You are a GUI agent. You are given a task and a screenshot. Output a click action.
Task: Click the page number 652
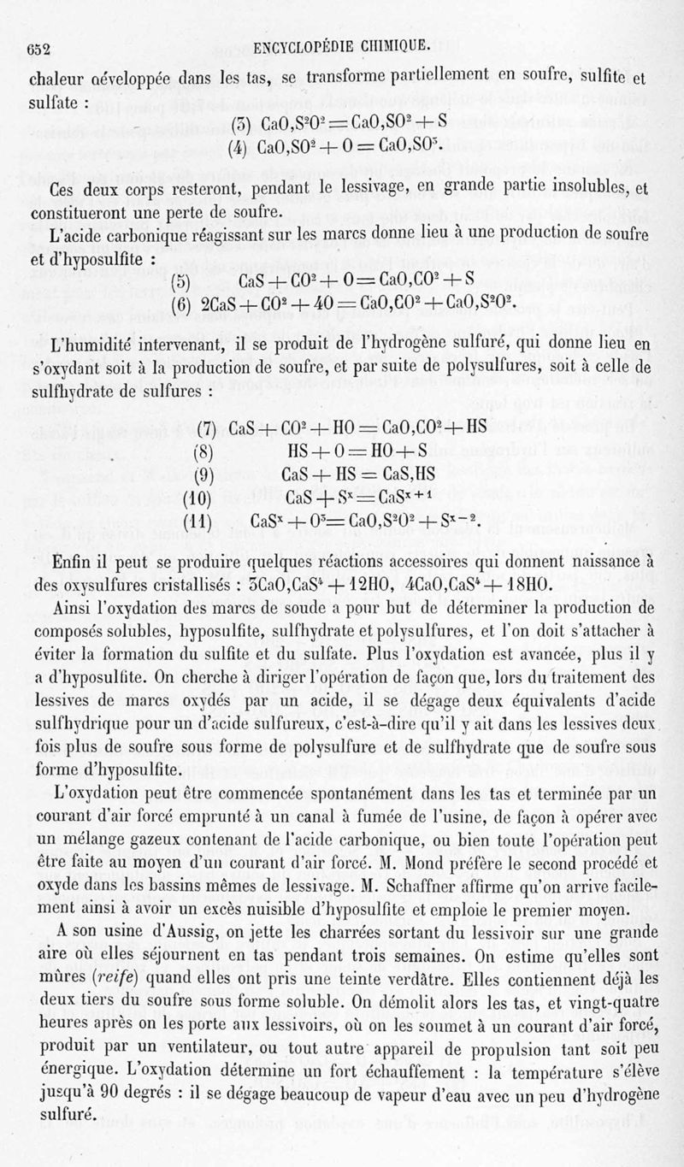point(41,49)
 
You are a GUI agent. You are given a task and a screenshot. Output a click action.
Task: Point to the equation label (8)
point(203,450)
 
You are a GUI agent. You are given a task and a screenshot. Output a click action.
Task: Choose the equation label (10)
point(198,497)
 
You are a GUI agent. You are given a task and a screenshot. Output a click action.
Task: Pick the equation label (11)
point(198,520)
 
